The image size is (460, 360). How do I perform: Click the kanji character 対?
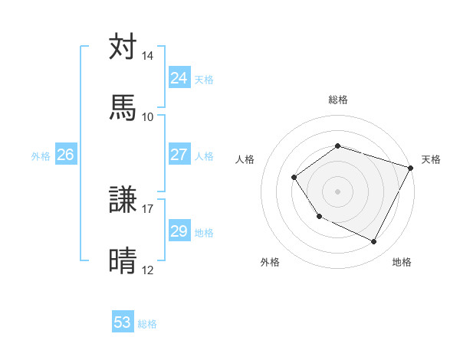click(x=123, y=47)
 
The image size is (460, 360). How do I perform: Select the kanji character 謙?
click(x=123, y=200)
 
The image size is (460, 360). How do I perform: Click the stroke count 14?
click(x=147, y=57)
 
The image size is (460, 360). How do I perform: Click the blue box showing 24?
click(x=179, y=78)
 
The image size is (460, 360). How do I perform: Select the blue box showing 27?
click(x=179, y=155)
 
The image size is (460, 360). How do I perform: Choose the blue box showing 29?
click(x=179, y=231)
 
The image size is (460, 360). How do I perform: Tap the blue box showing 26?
click(x=65, y=155)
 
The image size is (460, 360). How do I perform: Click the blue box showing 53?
click(x=123, y=322)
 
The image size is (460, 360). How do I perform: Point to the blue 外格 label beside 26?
click(x=41, y=155)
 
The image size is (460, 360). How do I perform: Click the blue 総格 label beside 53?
click(x=147, y=323)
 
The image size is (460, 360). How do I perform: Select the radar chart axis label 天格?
click(x=431, y=159)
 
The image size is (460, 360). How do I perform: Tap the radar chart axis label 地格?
click(x=402, y=262)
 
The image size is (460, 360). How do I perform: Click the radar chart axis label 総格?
click(x=337, y=100)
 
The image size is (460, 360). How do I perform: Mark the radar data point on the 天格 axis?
click(x=410, y=167)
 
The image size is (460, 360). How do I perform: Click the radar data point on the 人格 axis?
click(x=294, y=178)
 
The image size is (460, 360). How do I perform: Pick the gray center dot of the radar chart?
click(x=337, y=191)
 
